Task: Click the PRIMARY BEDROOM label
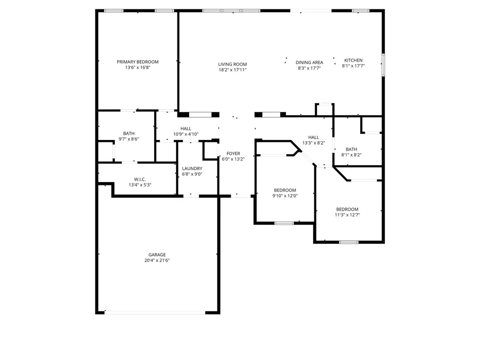point(138,62)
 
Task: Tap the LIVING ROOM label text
point(232,64)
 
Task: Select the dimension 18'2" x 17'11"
point(232,70)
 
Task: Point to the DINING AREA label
point(309,62)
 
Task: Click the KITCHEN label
point(353,60)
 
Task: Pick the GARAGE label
point(157,255)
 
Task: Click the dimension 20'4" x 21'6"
point(157,260)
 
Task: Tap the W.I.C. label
point(140,179)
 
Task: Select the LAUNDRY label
point(192,169)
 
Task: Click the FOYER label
point(233,154)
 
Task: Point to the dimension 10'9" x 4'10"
point(186,134)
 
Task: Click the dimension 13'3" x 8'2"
point(313,143)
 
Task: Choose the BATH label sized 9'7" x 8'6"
point(129,133)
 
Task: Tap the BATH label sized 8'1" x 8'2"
point(351,149)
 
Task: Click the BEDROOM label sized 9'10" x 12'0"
point(285,191)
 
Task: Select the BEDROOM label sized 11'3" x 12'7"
point(347,209)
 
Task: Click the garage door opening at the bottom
point(155,313)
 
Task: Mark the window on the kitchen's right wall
point(383,65)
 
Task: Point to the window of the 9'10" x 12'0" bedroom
point(284,223)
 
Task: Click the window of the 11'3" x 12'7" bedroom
point(349,242)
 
